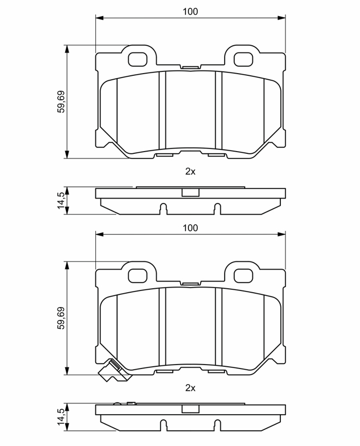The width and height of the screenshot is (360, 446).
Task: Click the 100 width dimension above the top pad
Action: pos(190,12)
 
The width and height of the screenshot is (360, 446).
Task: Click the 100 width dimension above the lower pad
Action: pos(190,228)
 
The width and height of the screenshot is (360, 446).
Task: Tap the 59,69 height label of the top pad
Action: pos(61,102)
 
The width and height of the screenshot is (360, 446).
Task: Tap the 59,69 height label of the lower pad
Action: pos(61,318)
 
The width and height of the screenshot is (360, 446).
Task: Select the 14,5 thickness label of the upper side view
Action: pos(61,200)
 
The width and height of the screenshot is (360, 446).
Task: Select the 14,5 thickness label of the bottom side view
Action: pos(61,417)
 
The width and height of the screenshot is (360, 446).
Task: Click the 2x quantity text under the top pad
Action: pos(190,172)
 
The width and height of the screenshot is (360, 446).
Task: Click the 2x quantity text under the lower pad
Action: pos(190,387)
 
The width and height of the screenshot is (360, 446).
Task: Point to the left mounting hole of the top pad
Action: pos(138,60)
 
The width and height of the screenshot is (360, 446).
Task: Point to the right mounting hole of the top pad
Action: pos(243,60)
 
